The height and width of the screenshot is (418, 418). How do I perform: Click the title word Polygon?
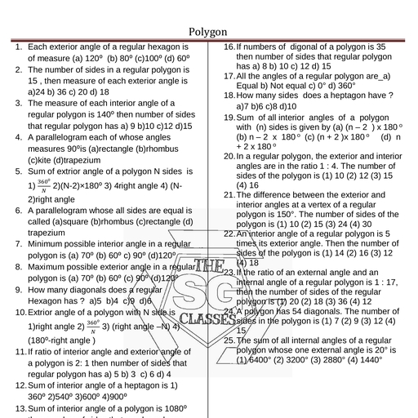coord(208,32)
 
